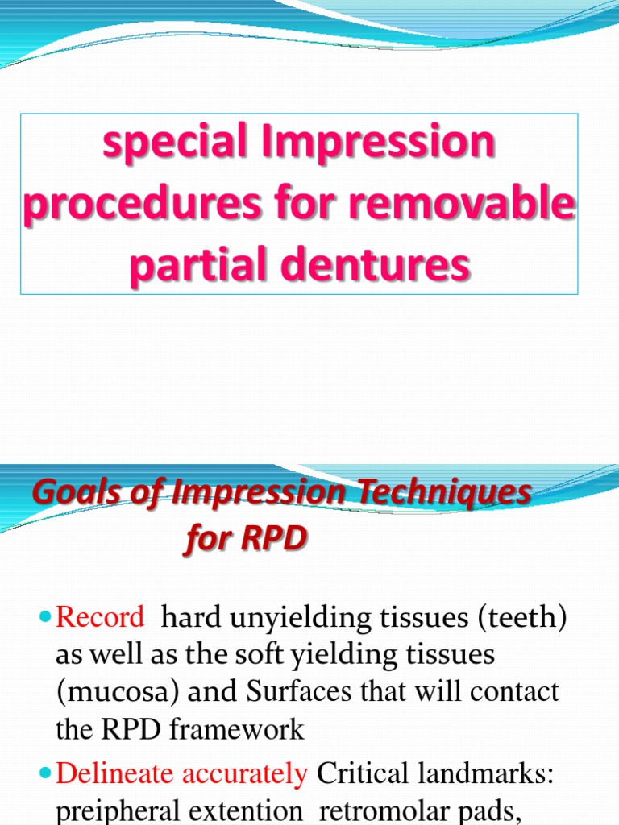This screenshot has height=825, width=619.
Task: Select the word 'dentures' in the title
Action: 388,265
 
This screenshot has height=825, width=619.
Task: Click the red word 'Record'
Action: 100,618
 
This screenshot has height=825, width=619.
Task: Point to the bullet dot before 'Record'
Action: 44,619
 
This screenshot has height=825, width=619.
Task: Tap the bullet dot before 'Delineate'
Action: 44,775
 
